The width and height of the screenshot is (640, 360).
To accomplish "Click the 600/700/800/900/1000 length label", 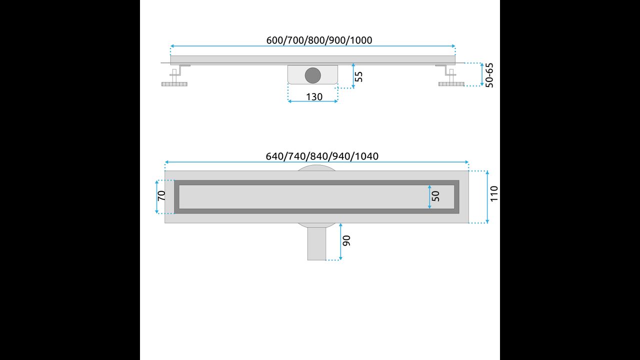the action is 319,40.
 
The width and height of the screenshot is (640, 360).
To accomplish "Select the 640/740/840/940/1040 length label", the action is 322,156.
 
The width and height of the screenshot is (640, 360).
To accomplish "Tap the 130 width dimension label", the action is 314,97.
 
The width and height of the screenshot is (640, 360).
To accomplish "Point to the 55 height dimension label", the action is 358,76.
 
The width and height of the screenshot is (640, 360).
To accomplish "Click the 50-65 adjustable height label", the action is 489,75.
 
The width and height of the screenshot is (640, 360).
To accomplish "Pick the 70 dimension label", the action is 161,195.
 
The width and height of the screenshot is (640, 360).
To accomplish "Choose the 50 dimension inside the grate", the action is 435,196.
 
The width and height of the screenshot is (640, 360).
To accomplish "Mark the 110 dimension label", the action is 494,193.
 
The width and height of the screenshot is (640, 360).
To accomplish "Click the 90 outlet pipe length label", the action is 346,240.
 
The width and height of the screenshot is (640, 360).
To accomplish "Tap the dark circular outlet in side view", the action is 313,75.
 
